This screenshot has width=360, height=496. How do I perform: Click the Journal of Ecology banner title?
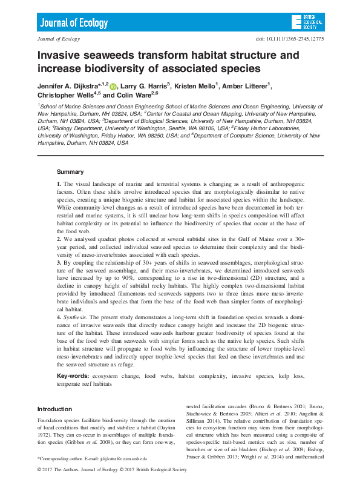click(x=74, y=23)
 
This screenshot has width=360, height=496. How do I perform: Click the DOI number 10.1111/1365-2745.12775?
click(x=291, y=39)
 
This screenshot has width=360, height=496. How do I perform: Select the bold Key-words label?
click(x=73, y=376)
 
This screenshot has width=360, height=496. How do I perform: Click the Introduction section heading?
click(x=55, y=409)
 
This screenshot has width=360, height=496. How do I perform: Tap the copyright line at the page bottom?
click(x=103, y=470)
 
